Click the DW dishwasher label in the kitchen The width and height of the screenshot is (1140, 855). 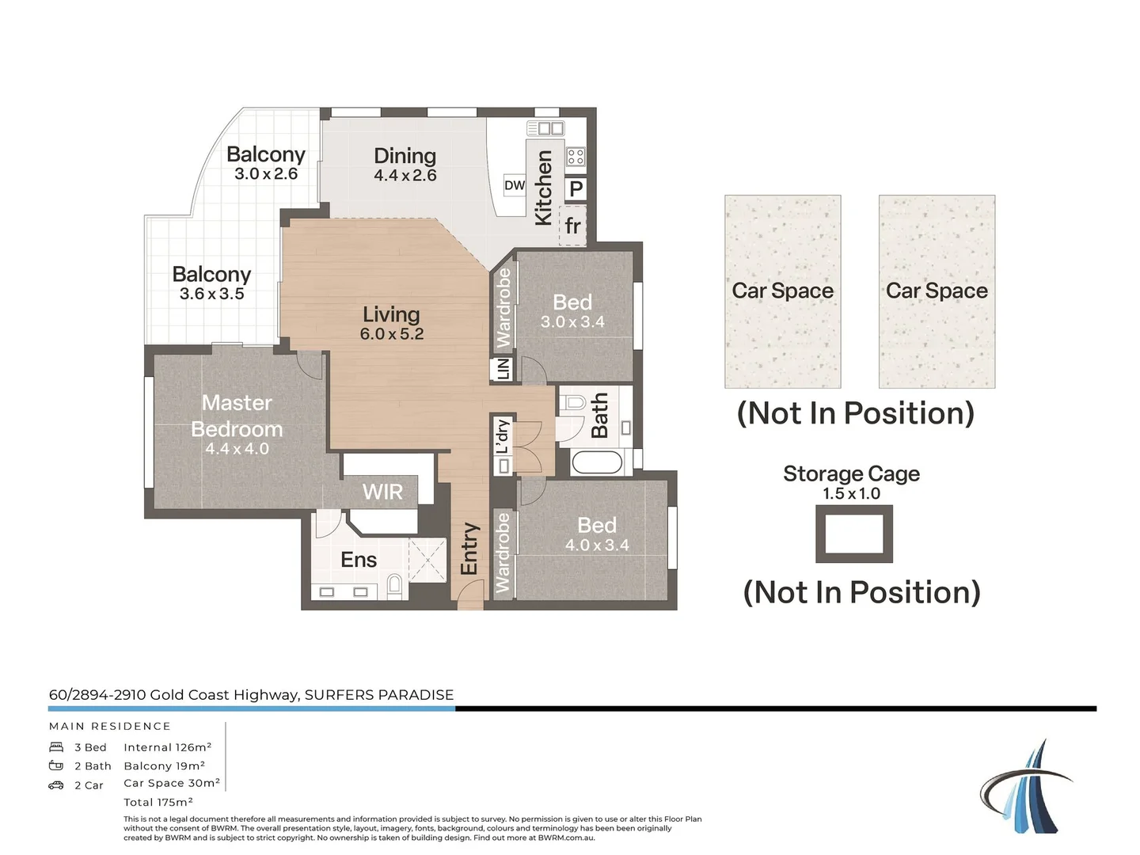[514, 185]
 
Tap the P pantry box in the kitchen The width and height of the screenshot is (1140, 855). [576, 188]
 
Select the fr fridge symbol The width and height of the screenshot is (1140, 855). [572, 226]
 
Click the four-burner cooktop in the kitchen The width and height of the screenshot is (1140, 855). [576, 156]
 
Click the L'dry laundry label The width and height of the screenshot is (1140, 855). [503, 436]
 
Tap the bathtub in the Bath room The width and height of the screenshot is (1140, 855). [597, 462]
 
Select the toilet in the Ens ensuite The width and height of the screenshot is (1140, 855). [395, 587]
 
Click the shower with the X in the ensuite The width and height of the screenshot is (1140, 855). [427, 559]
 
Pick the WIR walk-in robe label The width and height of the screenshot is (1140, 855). [382, 492]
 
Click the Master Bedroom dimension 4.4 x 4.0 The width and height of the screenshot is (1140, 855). [237, 449]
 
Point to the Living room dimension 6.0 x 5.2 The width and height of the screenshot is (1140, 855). [391, 334]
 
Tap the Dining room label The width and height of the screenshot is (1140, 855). [405, 156]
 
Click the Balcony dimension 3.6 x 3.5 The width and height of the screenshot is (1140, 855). [211, 294]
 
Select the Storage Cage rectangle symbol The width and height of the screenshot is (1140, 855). [854, 534]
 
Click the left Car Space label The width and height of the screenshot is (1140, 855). [782, 291]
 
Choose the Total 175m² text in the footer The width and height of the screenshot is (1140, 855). [158, 802]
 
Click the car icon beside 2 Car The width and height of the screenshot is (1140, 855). [56, 785]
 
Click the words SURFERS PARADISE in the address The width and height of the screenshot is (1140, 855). [379, 695]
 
